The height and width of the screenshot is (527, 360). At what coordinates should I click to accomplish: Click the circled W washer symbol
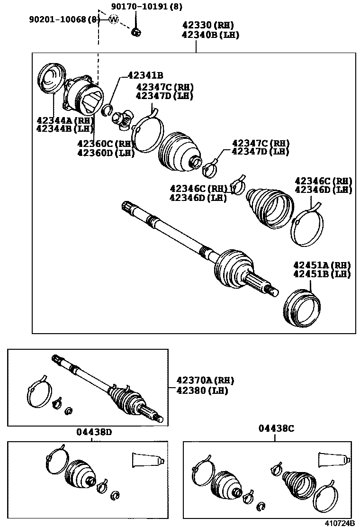(x=114, y=19)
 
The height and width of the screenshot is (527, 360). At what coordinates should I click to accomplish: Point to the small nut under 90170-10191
(x=136, y=32)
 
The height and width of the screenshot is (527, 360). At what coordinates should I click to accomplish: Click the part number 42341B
(x=145, y=75)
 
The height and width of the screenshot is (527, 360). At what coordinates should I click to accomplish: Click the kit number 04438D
(x=94, y=432)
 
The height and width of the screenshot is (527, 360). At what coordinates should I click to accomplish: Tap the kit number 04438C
(x=276, y=428)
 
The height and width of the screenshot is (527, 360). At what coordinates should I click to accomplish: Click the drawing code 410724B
(x=339, y=523)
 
